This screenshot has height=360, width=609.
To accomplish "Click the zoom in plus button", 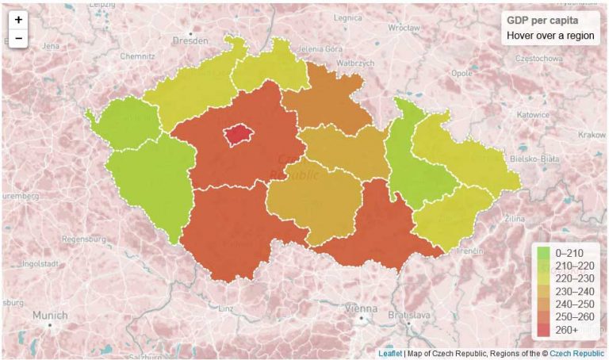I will point(18,20).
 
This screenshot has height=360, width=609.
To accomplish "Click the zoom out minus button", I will point(18,38).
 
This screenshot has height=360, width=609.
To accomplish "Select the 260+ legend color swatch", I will point(543,329).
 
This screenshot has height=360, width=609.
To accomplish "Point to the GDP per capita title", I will point(542,20).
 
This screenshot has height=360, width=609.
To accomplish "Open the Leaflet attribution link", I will point(389,353).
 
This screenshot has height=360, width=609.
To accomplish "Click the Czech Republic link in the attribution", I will point(576,353).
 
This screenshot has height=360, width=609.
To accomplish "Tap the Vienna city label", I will point(362,308).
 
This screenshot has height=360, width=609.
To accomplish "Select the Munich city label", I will point(49,315).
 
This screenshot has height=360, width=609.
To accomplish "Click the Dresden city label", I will point(190,39).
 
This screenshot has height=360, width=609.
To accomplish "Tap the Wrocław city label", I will point(404,27).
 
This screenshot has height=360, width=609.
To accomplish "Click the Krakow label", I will point(592,135).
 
